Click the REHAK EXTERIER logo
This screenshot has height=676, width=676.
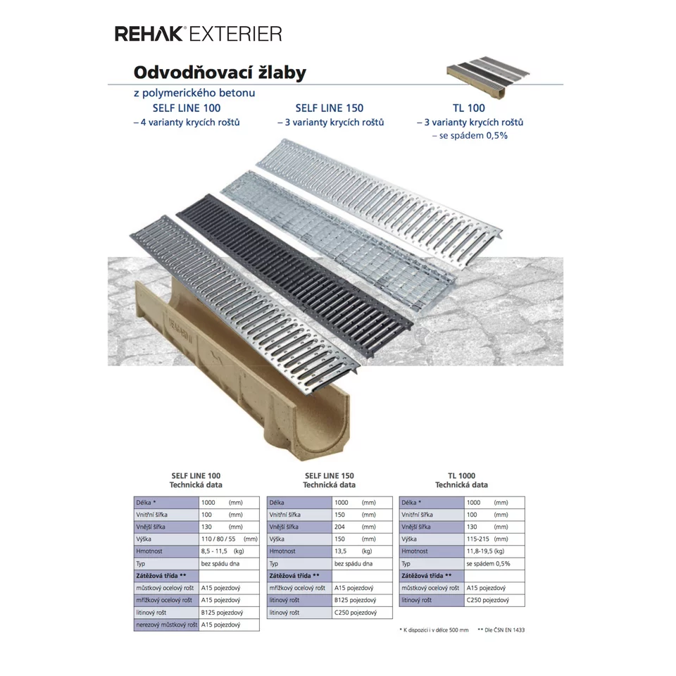(199, 34)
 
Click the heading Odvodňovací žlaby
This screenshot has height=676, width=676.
(220, 73)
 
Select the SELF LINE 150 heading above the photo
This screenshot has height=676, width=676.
(330, 108)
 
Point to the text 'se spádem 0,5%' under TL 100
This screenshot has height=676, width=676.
(470, 135)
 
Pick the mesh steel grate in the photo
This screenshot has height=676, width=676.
(338, 239)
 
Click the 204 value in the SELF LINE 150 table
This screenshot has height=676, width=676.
(339, 527)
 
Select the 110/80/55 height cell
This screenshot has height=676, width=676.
(229, 539)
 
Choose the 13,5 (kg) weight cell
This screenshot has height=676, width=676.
(362, 551)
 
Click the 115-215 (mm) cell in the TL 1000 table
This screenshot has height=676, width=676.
(494, 539)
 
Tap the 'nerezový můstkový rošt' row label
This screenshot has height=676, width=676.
(166, 625)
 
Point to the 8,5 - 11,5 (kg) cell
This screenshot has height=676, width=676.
(229, 551)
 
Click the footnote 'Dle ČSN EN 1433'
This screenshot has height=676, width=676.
(501, 630)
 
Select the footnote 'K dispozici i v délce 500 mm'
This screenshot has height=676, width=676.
(434, 630)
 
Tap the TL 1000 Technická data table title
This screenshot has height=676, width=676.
(461, 480)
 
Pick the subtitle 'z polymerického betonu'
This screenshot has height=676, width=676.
(194, 93)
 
